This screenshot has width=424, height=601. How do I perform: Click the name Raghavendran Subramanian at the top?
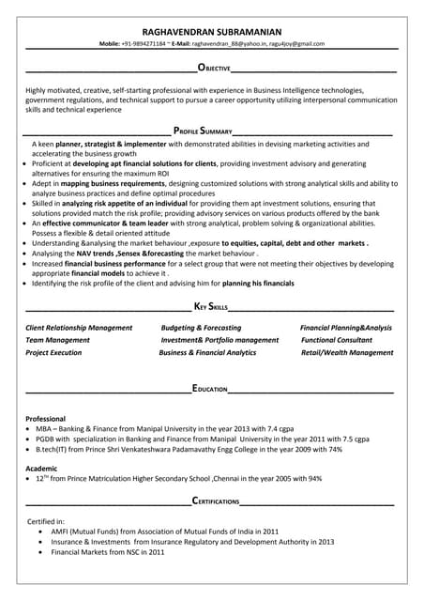point(212,30)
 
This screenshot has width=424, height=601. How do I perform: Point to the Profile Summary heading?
point(203,131)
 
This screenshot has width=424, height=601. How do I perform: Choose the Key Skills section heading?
point(211,306)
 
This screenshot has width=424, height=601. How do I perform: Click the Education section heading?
point(210,387)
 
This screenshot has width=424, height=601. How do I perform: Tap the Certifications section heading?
point(215,501)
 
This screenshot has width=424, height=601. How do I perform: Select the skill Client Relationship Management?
point(79,328)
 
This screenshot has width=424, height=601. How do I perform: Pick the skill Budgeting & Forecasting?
point(201,328)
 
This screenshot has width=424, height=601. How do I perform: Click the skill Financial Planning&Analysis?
point(346,328)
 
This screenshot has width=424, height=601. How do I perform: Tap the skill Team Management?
point(58,340)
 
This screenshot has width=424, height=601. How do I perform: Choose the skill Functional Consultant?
point(337,340)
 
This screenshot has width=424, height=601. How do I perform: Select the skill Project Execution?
point(53,352)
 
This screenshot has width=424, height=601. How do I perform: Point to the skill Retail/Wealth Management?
point(347,352)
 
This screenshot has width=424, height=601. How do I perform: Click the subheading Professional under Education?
point(45,418)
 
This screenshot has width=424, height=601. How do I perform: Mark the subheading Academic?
point(41,467)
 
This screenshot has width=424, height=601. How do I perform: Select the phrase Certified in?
point(46,520)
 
